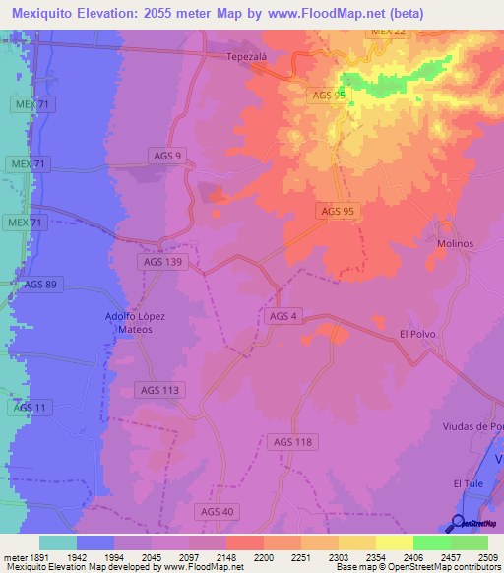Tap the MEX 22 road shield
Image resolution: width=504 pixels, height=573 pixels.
pyautogui.click(x=388, y=32)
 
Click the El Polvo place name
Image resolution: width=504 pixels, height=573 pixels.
pyautogui.click(x=417, y=335)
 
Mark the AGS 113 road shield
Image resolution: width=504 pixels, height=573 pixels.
pyautogui.click(x=160, y=390)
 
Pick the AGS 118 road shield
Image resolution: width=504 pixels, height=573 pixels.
pyautogui.click(x=291, y=442)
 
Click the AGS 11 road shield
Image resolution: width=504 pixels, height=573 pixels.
pyautogui.click(x=31, y=407)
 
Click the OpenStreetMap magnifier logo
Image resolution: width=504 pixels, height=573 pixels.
pyautogui.click(x=460, y=523)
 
